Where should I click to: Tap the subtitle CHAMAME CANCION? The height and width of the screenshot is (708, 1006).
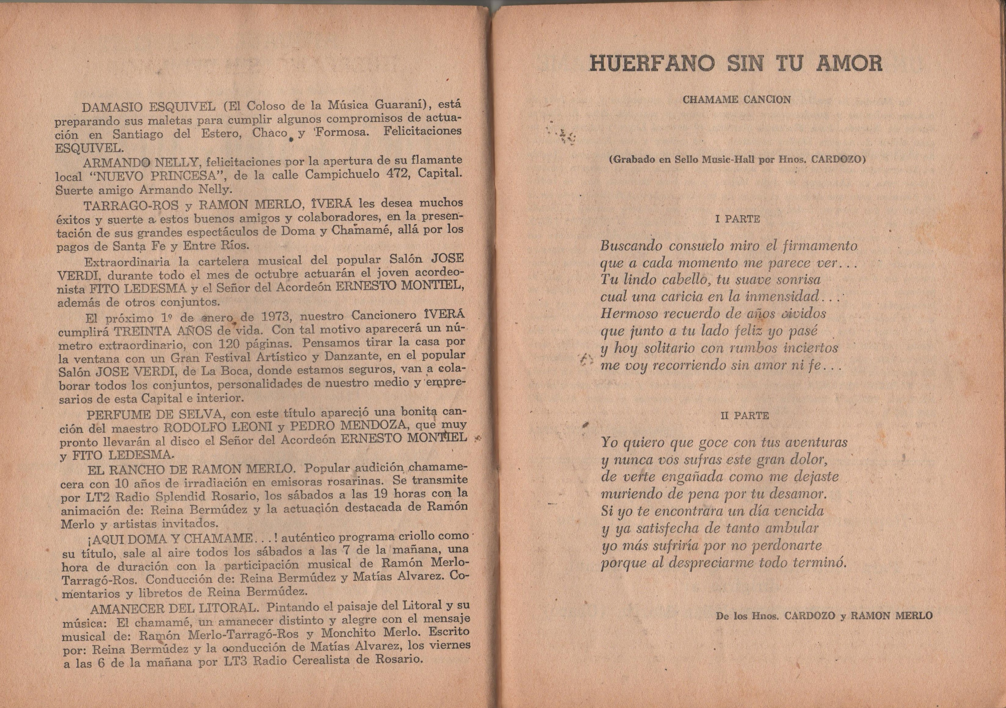[737, 99]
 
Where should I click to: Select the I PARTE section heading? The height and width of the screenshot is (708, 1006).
[737, 219]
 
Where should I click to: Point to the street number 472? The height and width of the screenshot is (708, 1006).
[399, 173]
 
